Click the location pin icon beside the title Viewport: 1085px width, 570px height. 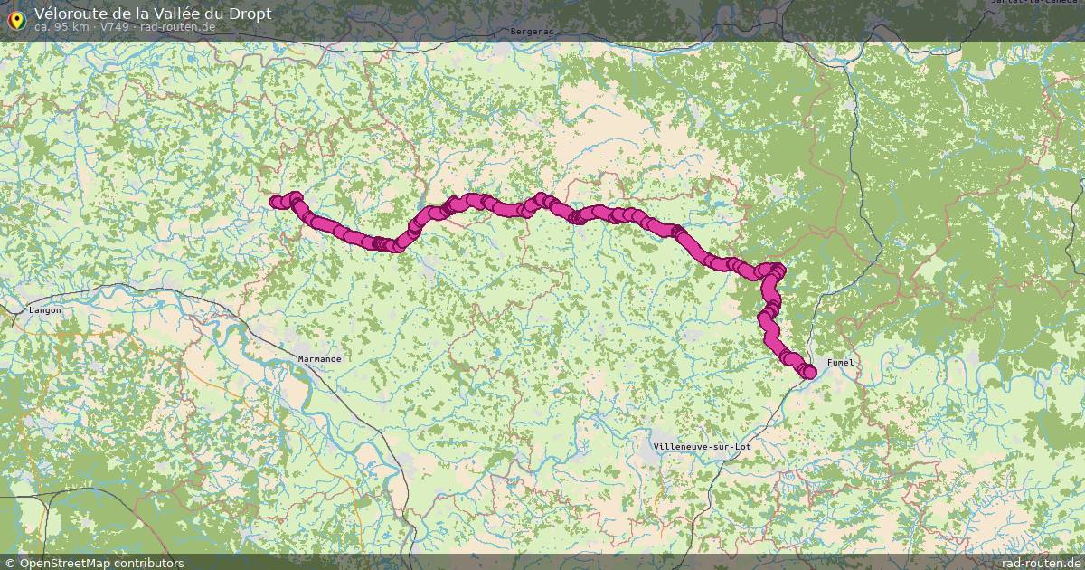[x=16, y=18]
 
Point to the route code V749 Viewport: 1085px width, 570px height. [x=115, y=27]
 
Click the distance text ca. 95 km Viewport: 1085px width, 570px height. [x=61, y=27]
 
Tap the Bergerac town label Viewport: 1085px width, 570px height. [x=532, y=31]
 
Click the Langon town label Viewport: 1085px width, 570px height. [x=45, y=310]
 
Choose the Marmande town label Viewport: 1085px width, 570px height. [x=320, y=359]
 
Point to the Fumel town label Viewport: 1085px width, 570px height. [x=839, y=362]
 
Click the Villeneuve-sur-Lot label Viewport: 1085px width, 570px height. [x=701, y=447]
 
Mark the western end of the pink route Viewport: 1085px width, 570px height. [x=275, y=202]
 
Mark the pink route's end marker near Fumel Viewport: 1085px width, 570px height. [x=809, y=372]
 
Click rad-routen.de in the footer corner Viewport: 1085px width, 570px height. [x=1043, y=563]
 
